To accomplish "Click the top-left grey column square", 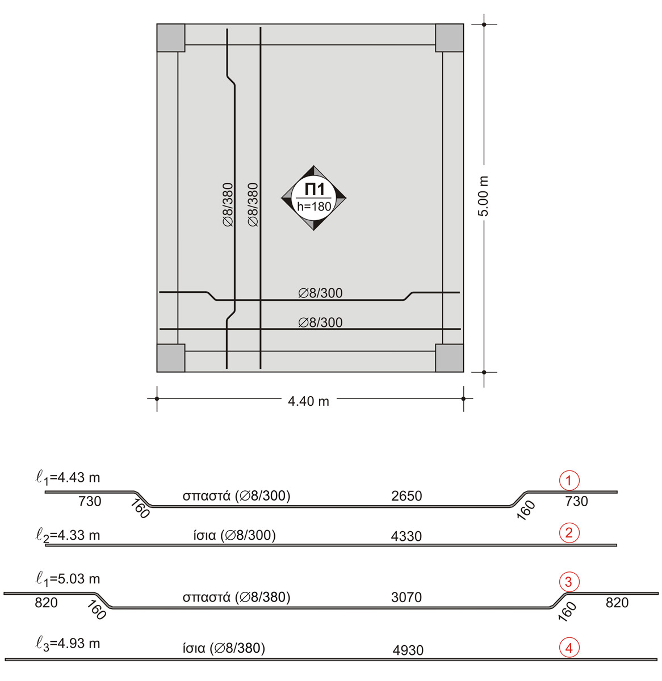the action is coord(171,38).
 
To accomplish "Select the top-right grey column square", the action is coord(450,38).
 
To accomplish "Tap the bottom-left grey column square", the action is coord(171,358).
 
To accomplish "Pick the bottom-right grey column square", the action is coord(450,358).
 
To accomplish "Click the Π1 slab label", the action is coord(315,190).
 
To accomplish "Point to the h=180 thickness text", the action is coord(314,207).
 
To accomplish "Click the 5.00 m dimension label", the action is coord(483,196).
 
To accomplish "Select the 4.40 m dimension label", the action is coord(308,401).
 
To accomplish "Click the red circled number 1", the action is coord(569,481).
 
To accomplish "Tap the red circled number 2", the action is coord(569,533).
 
